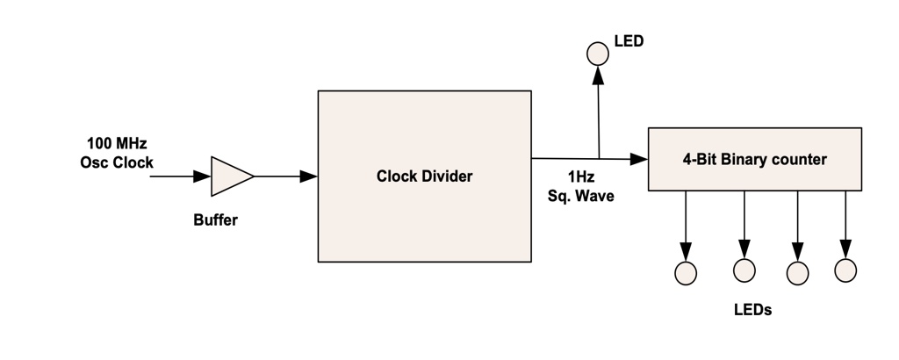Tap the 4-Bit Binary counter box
(x=754, y=159)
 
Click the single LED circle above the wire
(x=597, y=54)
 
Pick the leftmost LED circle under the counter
(x=686, y=273)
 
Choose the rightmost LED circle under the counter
(x=845, y=270)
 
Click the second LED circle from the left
(x=744, y=270)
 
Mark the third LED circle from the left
(x=797, y=274)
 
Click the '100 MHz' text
(x=117, y=143)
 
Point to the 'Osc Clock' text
(x=117, y=162)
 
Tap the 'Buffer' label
(x=215, y=220)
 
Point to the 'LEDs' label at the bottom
(x=752, y=310)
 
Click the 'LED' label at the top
(x=629, y=41)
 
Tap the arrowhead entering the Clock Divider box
(x=308, y=176)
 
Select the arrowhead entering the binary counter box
(x=639, y=159)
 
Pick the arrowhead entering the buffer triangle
(x=202, y=176)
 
